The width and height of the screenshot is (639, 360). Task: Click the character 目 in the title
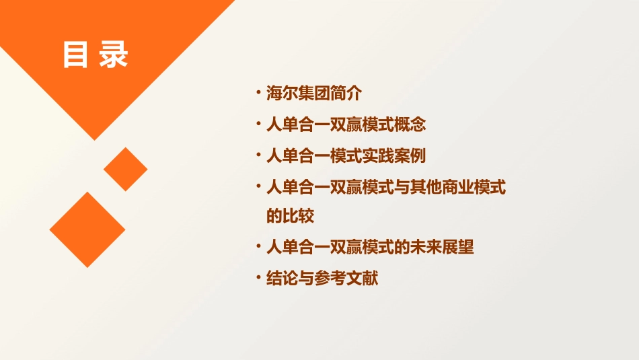point(75,56)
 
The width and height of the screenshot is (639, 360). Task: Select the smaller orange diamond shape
point(125,169)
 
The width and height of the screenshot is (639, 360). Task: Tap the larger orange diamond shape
point(87,229)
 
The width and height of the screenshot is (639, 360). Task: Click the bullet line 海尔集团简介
point(314,94)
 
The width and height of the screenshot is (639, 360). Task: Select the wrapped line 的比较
point(291,217)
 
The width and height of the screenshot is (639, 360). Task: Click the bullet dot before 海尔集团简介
point(258,92)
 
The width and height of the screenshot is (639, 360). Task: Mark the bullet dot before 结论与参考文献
point(258,276)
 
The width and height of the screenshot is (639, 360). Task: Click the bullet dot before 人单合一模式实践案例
point(258,154)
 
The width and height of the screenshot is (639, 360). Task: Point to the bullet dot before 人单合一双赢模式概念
point(258,123)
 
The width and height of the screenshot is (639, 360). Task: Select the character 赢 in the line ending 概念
point(354,125)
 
